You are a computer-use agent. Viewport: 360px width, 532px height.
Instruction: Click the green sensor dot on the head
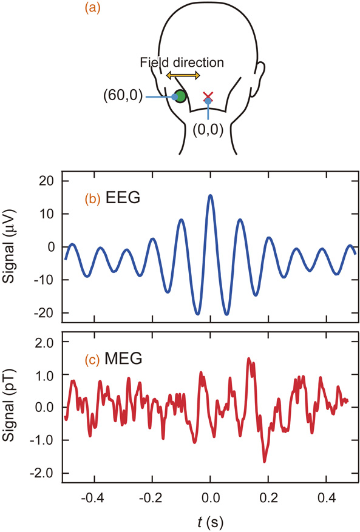coord(180,96)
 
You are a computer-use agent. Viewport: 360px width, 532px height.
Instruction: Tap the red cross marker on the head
coord(208,96)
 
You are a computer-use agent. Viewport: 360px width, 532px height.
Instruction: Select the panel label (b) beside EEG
coord(93,198)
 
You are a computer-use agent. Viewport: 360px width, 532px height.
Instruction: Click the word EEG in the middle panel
coord(124,198)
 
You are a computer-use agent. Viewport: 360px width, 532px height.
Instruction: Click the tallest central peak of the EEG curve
coord(210,195)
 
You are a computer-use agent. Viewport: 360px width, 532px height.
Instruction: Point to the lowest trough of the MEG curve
coord(265,462)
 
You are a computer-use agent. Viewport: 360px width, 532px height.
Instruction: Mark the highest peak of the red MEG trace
coord(248,359)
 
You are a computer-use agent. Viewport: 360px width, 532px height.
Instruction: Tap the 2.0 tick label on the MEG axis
coord(44,343)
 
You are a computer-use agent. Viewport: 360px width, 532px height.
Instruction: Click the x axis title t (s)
coord(209,520)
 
